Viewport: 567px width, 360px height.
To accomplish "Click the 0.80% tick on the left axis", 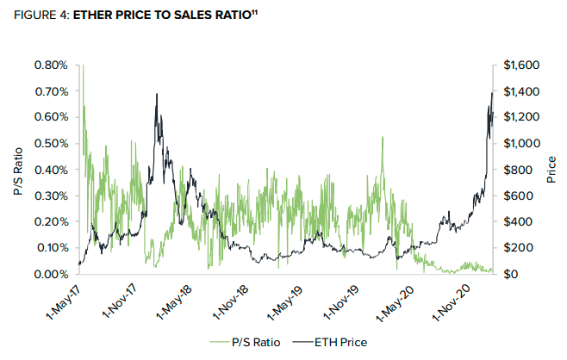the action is pyautogui.click(x=51, y=65).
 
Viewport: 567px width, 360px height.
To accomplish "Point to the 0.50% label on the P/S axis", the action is pyautogui.click(x=51, y=144).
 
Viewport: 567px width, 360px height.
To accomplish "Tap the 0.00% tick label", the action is pyautogui.click(x=51, y=274).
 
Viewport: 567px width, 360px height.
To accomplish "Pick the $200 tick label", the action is pyautogui.click(x=518, y=247).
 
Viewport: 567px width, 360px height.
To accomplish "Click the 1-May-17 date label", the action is pyautogui.click(x=64, y=302).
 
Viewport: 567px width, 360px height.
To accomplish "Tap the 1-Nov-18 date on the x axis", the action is pyautogui.click(x=230, y=302).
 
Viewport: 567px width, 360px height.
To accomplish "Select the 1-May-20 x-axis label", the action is pyautogui.click(x=395, y=303).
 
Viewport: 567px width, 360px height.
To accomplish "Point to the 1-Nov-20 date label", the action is pyautogui.click(x=451, y=303).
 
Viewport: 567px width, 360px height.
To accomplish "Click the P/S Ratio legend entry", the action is pyautogui.click(x=245, y=342).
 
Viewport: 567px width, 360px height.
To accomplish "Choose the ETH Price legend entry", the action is pyautogui.click(x=329, y=342).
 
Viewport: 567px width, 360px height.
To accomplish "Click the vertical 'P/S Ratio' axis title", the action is pyautogui.click(x=18, y=171).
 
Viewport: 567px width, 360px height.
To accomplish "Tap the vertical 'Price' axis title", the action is pyautogui.click(x=551, y=170).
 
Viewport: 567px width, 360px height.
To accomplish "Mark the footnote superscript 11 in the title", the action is pyautogui.click(x=254, y=12).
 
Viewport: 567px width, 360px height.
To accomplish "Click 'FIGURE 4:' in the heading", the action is pyautogui.click(x=41, y=15).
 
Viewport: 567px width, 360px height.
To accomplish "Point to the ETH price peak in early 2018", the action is pyautogui.click(x=157, y=94).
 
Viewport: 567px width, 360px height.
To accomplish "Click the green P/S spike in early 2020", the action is pyautogui.click(x=383, y=137).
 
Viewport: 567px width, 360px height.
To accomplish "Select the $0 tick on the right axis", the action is pyautogui.click(x=512, y=274).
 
